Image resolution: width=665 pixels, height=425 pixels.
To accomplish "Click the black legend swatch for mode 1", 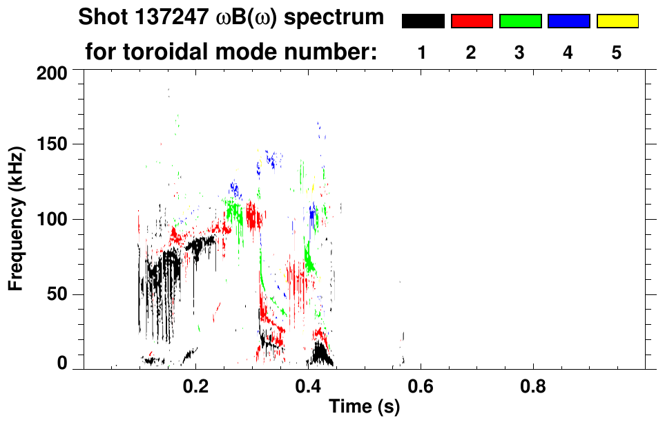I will pos(423,21).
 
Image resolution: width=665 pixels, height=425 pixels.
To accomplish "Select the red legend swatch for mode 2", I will pos(472,21).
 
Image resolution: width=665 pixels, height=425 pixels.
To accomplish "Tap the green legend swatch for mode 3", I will pos(520,21).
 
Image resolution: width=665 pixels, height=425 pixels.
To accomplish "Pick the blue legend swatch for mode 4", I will pos(568,21).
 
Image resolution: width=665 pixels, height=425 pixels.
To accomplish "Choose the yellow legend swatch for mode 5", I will pos(617,21).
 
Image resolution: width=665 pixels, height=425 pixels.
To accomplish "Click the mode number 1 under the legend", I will pos(422,53).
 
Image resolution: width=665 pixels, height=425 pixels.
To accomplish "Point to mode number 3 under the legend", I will pos(519,53).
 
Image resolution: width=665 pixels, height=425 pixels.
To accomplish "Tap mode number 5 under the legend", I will pos(617,53).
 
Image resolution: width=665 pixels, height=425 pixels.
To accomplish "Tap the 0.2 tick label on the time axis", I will pos(196,387).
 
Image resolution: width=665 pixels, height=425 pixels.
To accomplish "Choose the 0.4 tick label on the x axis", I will pos(308,387).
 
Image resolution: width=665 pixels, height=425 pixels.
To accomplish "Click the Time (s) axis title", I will pos(364,408).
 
